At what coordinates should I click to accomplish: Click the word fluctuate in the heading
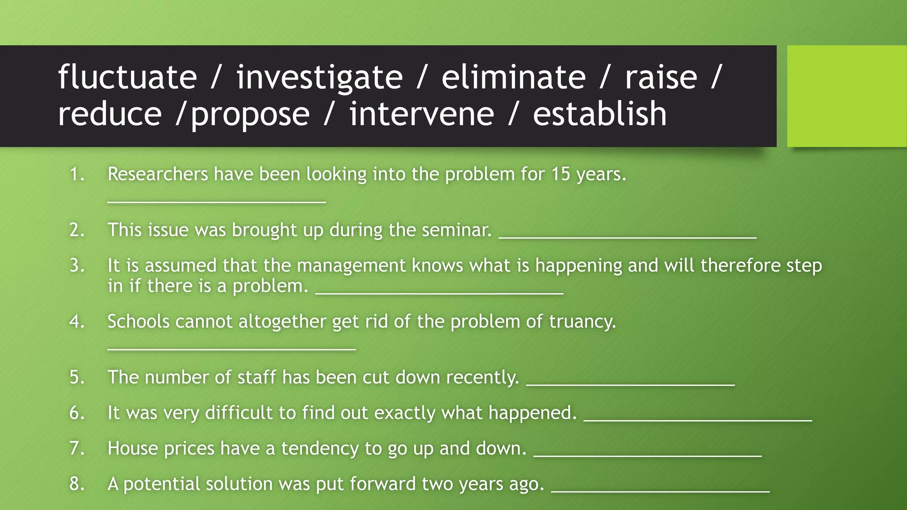click(x=128, y=77)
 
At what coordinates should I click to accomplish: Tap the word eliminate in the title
click(x=513, y=77)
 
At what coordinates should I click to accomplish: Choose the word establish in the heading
click(x=600, y=114)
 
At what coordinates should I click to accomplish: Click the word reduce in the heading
click(x=110, y=114)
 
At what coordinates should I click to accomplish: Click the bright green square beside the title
click(x=846, y=96)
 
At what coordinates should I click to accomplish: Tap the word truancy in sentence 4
click(x=582, y=321)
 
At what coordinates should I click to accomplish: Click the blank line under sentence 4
click(x=232, y=348)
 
